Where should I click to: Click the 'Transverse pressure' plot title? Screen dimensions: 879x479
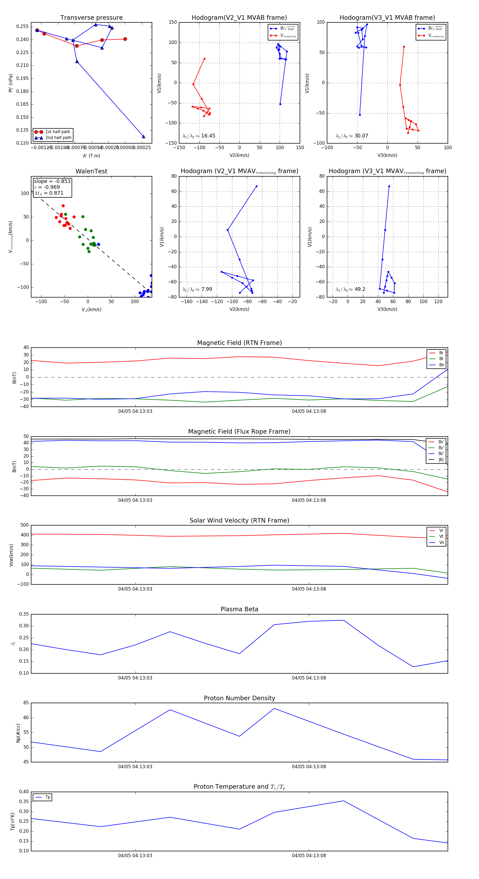[91, 18]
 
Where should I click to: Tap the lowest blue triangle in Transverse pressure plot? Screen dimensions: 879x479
[143, 136]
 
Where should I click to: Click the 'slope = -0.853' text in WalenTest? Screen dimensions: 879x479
[52, 181]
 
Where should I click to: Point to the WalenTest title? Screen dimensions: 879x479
[91, 171]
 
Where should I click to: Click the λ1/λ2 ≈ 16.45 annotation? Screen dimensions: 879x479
[199, 136]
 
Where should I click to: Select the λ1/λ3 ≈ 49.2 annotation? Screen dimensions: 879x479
[350, 289]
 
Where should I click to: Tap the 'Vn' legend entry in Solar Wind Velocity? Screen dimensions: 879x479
[441, 543]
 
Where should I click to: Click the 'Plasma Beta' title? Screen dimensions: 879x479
[239, 609]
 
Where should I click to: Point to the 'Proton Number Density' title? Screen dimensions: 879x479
[239, 698]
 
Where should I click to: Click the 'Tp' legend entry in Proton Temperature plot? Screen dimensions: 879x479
[48, 797]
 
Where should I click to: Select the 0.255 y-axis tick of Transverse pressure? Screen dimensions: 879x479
[23, 27]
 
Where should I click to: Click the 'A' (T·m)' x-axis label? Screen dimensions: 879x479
[91, 156]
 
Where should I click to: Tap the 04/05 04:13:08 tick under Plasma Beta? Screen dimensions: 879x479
[309, 678]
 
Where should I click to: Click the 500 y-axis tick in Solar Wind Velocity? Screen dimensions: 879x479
[24, 525]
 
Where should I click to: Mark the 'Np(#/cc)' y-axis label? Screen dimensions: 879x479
[18, 733]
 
